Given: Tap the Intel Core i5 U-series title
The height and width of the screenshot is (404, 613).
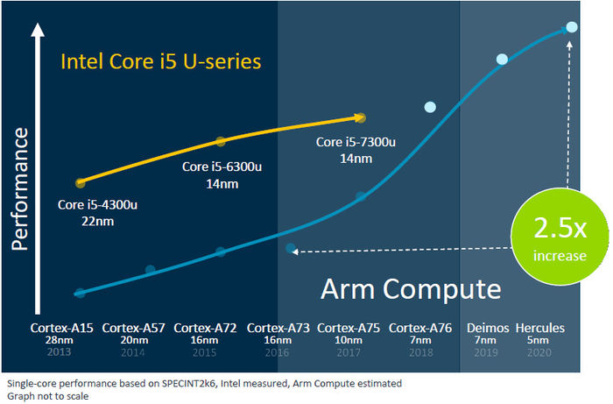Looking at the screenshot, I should [160, 62].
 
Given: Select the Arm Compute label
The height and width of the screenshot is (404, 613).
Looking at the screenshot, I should [410, 289].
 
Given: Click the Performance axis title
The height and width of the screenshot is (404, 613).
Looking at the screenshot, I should [20, 189].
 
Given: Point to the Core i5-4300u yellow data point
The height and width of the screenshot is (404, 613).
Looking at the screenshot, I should [81, 182].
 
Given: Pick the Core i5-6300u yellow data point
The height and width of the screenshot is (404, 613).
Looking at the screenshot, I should [221, 141].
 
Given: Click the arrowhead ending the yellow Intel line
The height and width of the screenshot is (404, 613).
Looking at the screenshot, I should [361, 117].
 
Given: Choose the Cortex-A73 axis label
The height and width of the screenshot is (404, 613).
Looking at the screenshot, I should [277, 328].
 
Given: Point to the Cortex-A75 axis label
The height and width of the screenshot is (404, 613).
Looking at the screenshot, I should [348, 328].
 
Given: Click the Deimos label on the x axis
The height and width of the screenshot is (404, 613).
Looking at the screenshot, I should [486, 328].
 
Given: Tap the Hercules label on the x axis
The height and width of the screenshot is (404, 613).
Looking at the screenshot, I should [539, 328].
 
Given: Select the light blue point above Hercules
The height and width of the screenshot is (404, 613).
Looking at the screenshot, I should [572, 27].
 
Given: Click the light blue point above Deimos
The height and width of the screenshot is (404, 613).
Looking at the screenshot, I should [503, 60].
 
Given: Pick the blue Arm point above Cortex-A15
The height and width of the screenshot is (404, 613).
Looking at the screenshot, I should [80, 293].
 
